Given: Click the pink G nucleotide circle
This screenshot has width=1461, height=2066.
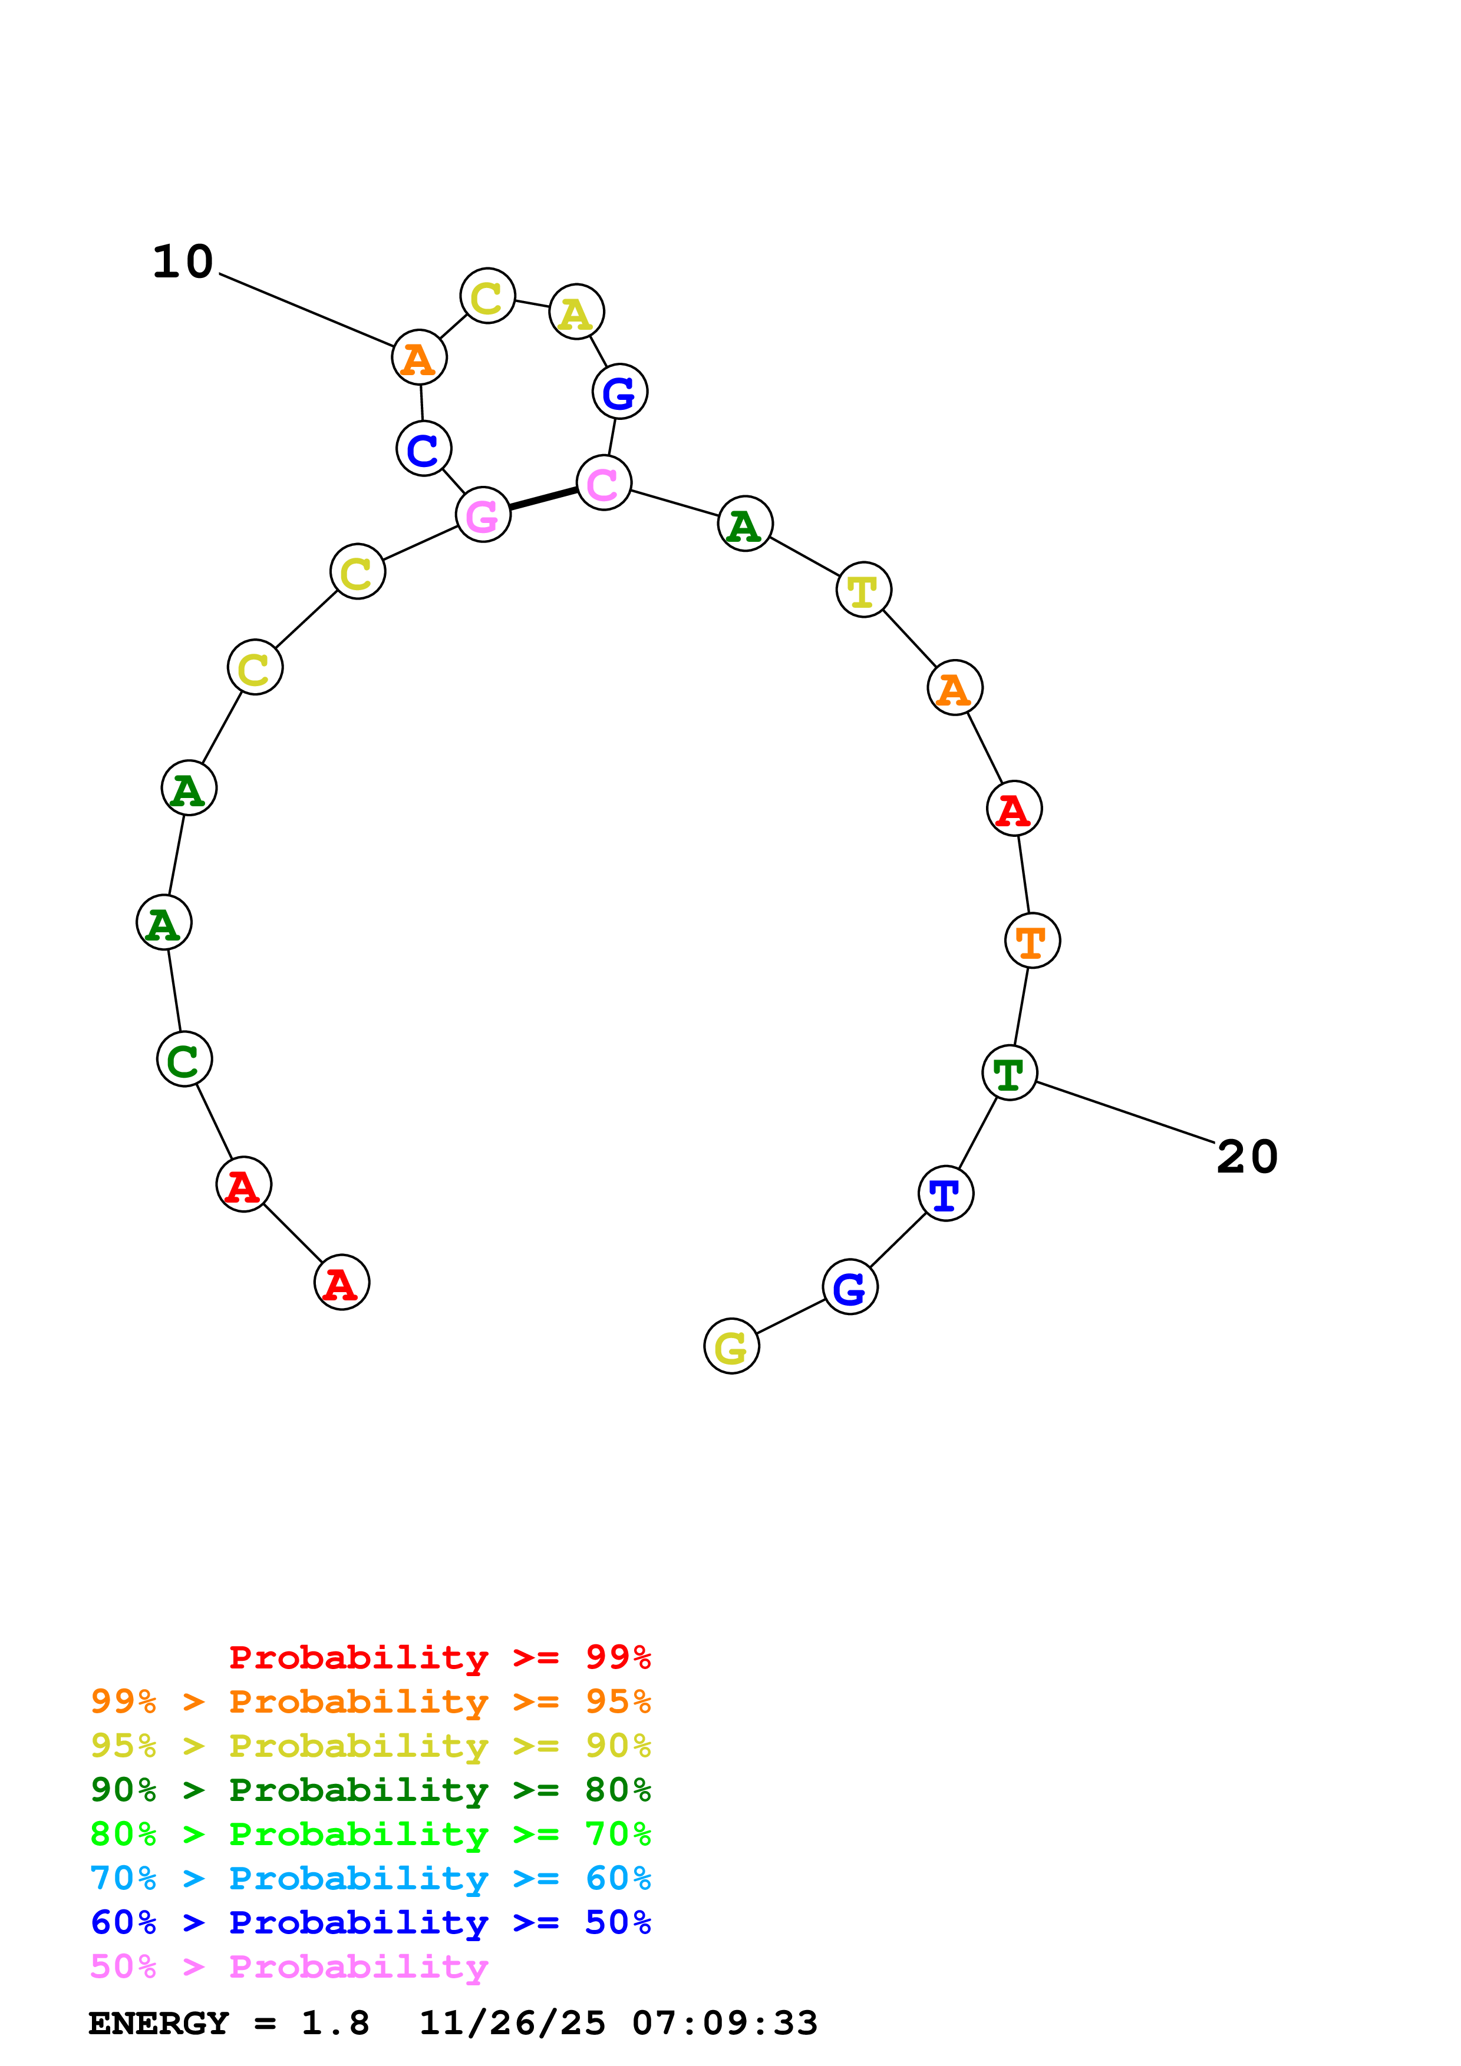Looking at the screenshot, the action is (483, 515).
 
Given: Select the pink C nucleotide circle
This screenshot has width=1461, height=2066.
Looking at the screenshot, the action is (603, 482).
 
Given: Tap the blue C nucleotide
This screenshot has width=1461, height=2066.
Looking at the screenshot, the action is (423, 448).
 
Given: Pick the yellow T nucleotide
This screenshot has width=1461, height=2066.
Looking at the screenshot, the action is (863, 590).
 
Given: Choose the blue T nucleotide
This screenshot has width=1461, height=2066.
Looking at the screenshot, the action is (945, 1194).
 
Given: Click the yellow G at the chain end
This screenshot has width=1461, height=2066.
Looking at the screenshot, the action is (731, 1346).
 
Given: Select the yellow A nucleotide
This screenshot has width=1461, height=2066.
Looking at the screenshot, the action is (576, 312).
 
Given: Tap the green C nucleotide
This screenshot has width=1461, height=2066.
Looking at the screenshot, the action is (184, 1059).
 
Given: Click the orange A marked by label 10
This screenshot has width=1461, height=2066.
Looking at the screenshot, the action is (420, 357).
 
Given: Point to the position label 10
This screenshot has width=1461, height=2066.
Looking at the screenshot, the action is (183, 262).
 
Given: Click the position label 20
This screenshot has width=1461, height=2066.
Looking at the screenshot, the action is (1246, 1156).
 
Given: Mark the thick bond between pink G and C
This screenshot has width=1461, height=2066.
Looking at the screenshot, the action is (543, 498).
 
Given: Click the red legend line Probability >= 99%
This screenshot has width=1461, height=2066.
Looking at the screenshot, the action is (439, 1657).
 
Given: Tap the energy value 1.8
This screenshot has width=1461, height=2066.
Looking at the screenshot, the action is (335, 2024).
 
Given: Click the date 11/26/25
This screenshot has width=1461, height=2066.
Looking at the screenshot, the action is (512, 2024).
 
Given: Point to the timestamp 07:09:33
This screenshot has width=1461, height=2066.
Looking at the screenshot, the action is (725, 2024).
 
